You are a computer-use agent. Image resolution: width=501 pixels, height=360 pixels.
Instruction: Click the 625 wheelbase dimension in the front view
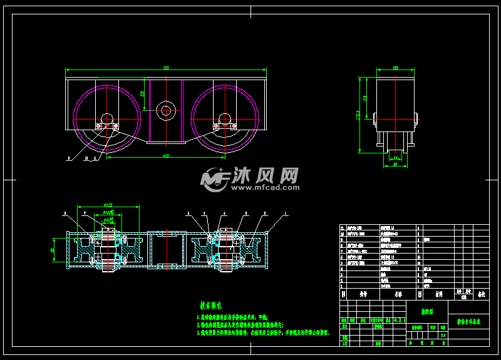click(166, 155)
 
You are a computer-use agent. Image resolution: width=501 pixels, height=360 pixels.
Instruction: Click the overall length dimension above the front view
click(166, 68)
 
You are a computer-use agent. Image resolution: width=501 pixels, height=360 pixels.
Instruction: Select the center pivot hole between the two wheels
click(166, 111)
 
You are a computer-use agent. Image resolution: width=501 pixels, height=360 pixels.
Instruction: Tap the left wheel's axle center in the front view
click(106, 119)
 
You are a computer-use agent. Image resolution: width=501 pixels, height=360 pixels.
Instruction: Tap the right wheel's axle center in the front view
click(225, 119)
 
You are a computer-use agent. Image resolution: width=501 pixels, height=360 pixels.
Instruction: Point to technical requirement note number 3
click(263, 332)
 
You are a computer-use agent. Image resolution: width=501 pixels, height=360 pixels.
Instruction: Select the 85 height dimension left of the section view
click(54, 250)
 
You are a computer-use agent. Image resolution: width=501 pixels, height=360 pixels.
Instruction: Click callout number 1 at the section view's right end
click(287, 213)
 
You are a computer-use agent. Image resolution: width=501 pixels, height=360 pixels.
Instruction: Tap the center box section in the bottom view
click(166, 250)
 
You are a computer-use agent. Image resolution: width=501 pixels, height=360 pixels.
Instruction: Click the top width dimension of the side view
click(395, 68)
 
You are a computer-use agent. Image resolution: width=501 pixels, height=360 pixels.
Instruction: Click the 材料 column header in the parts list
click(439, 292)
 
